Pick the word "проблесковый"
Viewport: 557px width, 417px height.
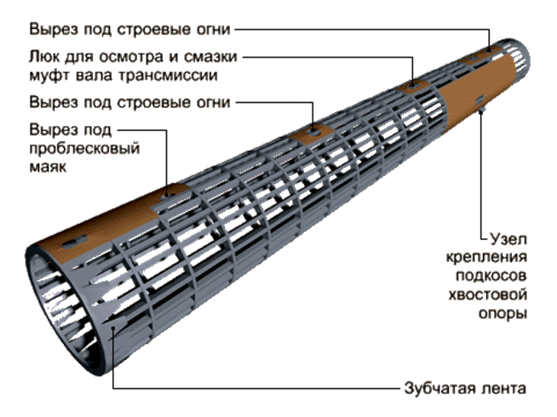point(84,148)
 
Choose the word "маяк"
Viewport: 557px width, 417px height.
point(48,166)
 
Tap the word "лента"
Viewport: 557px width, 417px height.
point(503,389)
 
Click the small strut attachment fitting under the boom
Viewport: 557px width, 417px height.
point(482,108)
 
